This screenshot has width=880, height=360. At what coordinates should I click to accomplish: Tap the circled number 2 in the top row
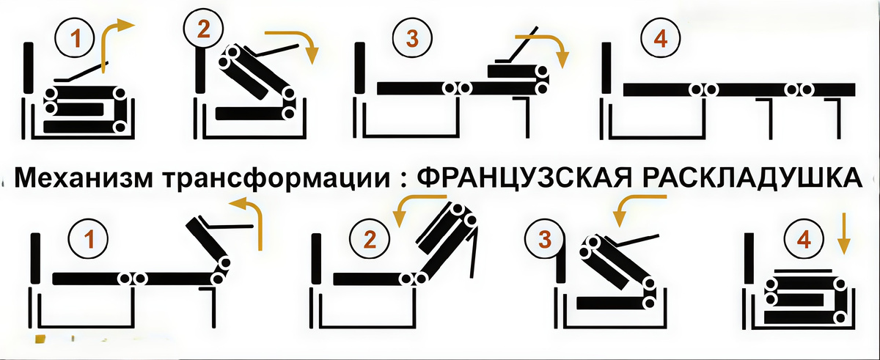click(x=204, y=29)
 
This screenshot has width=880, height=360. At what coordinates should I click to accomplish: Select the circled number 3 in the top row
click(x=412, y=39)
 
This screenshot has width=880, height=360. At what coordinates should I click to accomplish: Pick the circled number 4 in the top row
click(x=661, y=39)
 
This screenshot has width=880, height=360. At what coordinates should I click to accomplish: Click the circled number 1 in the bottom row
click(x=88, y=239)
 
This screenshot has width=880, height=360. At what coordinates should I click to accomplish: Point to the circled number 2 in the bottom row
click(x=370, y=239)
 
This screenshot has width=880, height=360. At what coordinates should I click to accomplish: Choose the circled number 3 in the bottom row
click(x=544, y=239)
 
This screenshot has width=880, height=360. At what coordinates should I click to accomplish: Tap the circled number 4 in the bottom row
click(x=804, y=239)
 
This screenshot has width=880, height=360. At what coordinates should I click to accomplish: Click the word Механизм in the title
click(x=83, y=178)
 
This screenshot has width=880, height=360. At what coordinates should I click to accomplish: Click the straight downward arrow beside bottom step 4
click(x=845, y=235)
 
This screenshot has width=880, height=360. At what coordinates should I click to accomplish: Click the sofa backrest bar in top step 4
click(x=607, y=68)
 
